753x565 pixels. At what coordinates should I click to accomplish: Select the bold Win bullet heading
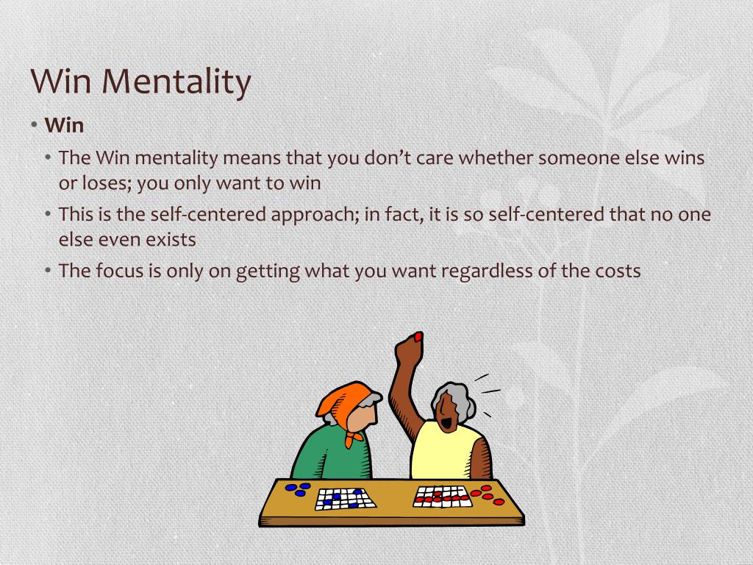coord(65,125)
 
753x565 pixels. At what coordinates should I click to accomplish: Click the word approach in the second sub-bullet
coord(311,215)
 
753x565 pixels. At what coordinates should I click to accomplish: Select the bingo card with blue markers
coord(345,499)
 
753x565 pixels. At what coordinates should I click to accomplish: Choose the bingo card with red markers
coord(441,497)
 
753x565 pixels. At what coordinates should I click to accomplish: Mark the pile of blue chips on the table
coord(299,489)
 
